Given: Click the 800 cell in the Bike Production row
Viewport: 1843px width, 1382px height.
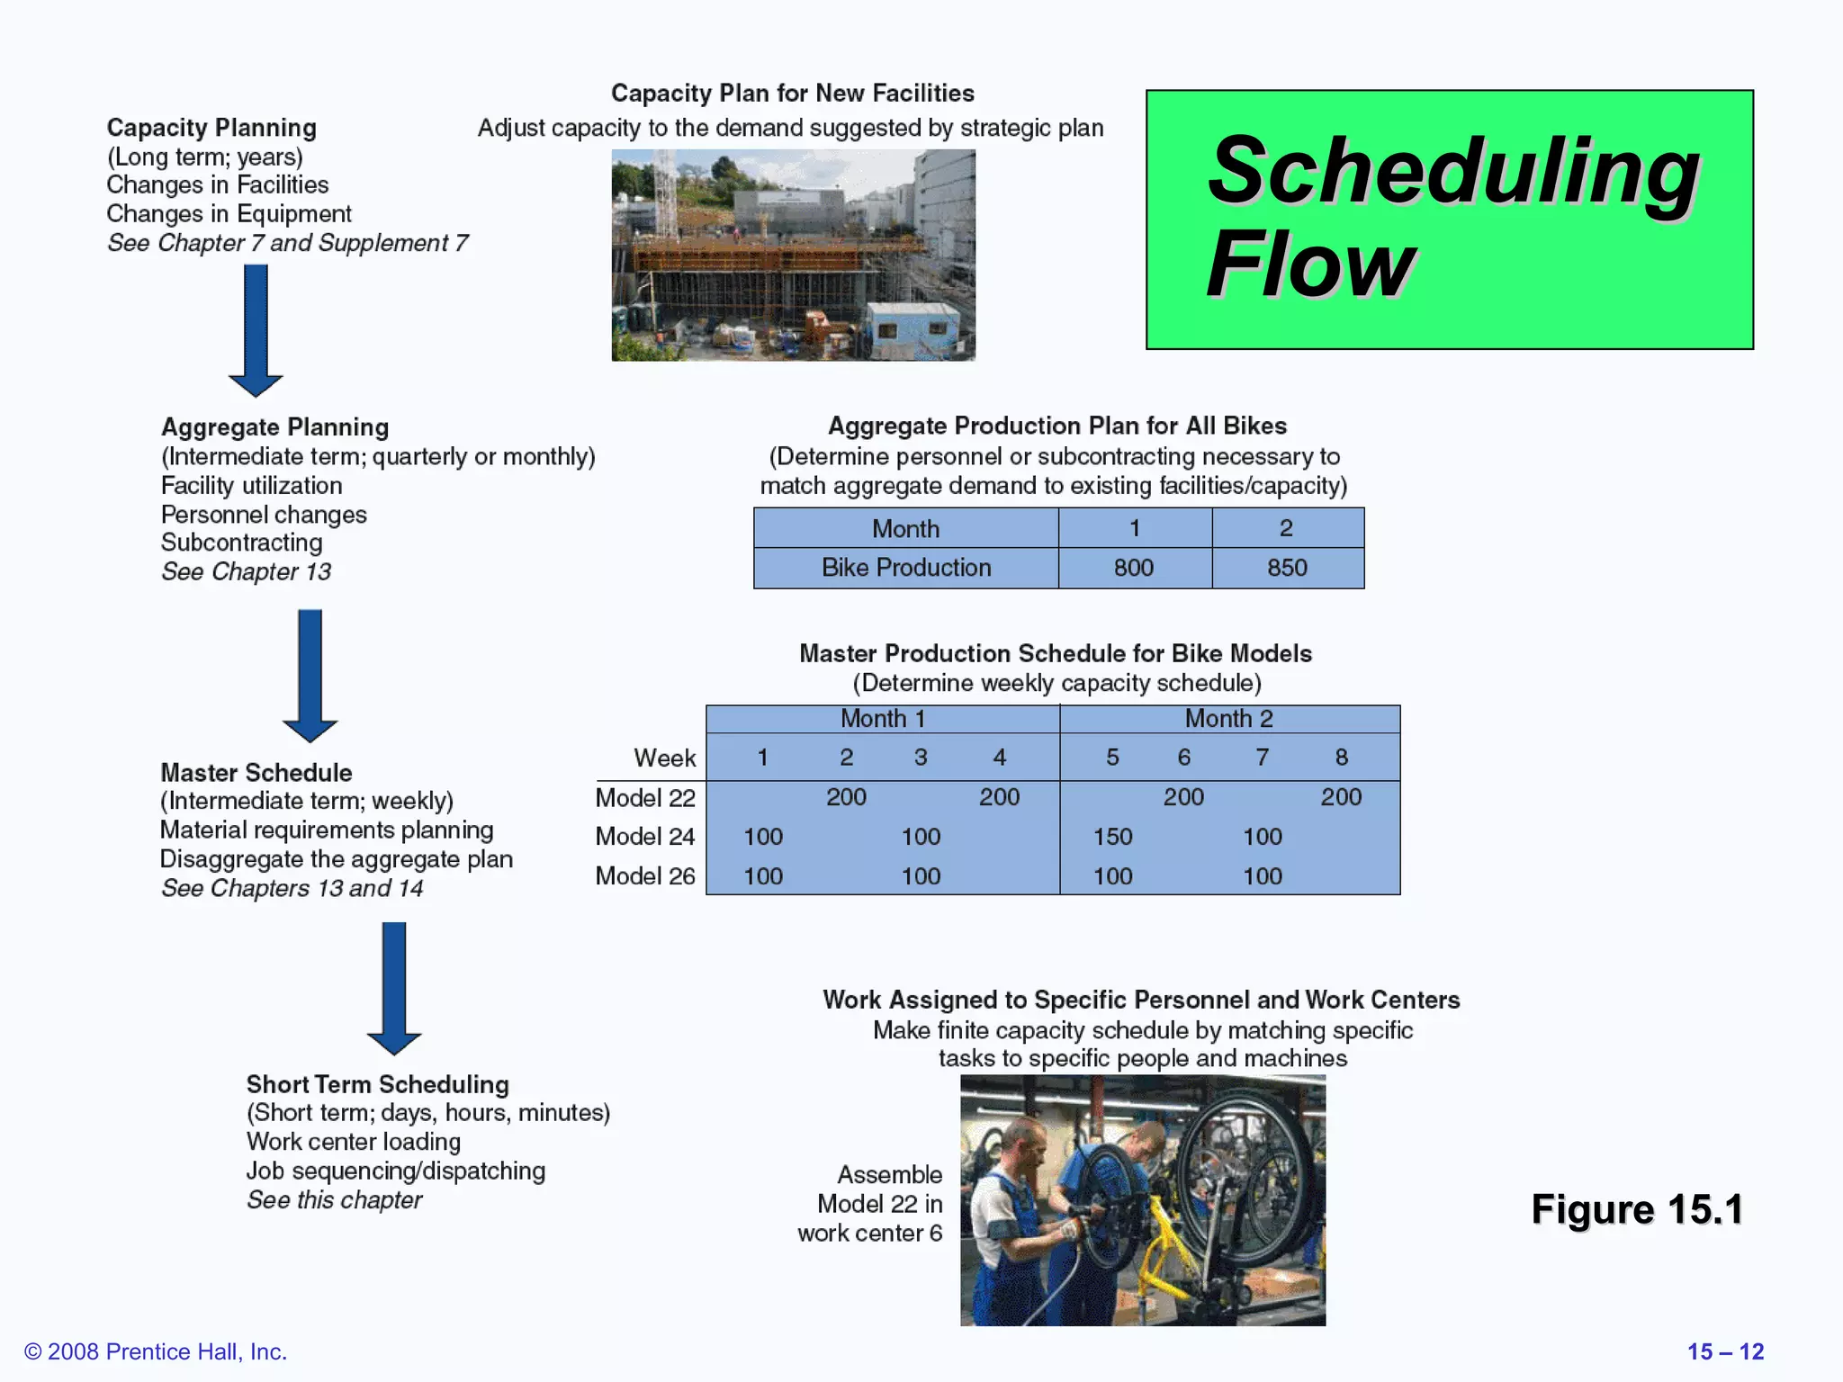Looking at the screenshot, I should (x=1133, y=568).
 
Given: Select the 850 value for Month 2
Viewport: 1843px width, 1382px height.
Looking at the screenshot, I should (x=1287, y=568).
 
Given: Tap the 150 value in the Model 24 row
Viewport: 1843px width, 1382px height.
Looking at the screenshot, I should (x=1112, y=837).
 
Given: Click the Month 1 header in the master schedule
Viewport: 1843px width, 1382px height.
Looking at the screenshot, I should (x=882, y=719).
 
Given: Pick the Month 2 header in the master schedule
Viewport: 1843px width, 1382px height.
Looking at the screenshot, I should (x=1228, y=719).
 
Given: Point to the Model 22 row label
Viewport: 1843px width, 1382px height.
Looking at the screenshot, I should (x=645, y=798).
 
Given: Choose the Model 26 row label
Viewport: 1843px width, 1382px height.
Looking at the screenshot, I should (x=645, y=876).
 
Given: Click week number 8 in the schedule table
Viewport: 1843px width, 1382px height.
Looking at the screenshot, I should (x=1341, y=758).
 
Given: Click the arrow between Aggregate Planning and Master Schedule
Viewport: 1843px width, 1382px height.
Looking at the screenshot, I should (x=310, y=675).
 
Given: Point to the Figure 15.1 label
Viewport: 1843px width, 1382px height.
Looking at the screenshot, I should (x=1637, y=1209).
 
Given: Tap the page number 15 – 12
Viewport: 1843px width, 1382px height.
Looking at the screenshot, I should (x=1724, y=1351).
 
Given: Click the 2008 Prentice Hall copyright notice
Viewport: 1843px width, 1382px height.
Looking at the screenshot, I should (x=156, y=1351).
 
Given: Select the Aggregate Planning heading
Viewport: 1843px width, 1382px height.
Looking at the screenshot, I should (x=274, y=427).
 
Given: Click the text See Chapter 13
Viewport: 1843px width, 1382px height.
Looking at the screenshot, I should (x=246, y=572).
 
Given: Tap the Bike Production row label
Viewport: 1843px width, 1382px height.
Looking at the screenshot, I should (x=905, y=568).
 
